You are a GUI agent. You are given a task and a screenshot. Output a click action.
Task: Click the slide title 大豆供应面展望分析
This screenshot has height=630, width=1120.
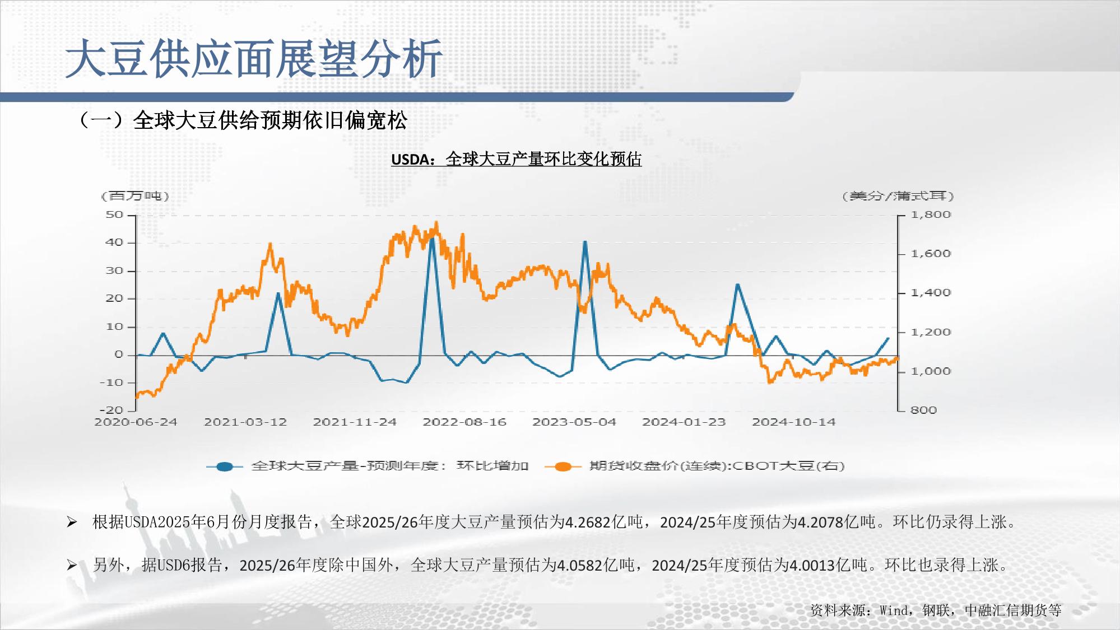(254, 58)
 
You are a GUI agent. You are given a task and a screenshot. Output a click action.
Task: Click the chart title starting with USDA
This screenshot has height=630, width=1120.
(516, 160)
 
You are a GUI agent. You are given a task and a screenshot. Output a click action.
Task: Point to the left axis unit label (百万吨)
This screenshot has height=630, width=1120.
(134, 196)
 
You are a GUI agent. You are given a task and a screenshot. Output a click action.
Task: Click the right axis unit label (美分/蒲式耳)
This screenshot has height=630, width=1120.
(898, 196)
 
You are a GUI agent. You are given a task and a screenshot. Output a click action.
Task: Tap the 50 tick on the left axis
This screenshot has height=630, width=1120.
(114, 215)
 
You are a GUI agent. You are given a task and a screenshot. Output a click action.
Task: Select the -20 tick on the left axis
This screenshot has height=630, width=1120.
(111, 410)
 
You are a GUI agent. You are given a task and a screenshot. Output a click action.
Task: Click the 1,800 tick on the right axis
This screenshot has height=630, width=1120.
(931, 214)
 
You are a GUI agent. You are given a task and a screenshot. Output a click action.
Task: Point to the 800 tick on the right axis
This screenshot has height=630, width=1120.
(923, 410)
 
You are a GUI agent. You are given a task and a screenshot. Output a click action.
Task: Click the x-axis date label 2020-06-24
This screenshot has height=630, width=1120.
(136, 422)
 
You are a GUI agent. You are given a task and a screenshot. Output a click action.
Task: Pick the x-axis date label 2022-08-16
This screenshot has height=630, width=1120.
(464, 422)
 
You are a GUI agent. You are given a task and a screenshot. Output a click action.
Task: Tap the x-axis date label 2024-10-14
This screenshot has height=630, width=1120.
(793, 422)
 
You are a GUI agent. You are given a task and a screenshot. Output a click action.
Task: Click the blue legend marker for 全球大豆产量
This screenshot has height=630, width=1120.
(225, 466)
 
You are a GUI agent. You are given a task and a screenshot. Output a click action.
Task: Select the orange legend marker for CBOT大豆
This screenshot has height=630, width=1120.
(563, 466)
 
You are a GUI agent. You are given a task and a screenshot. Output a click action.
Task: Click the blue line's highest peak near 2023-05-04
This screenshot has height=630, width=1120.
(585, 241)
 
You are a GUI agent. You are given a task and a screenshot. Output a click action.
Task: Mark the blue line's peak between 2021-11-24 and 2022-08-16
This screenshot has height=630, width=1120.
(431, 239)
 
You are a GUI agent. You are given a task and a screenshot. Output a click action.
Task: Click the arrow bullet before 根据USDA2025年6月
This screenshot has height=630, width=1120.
(72, 522)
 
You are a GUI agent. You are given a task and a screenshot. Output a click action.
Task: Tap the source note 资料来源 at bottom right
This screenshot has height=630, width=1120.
(936, 610)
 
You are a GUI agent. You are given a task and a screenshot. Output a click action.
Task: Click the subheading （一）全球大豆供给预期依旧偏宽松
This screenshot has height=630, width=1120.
(243, 120)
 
